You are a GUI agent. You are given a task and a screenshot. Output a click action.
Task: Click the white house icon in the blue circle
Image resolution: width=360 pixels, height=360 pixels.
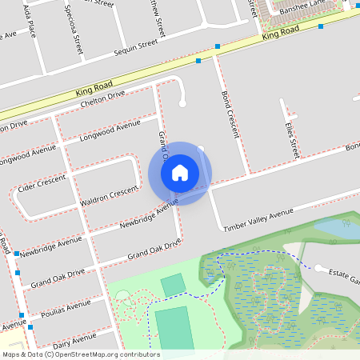click(180, 172)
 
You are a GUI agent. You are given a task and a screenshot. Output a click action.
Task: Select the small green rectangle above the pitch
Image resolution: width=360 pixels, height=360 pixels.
click(172, 285)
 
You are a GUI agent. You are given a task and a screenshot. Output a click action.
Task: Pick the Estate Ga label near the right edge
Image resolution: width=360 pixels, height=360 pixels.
click(345, 277)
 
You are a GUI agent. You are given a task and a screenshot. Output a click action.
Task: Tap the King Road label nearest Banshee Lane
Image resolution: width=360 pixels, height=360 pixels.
click(279, 33)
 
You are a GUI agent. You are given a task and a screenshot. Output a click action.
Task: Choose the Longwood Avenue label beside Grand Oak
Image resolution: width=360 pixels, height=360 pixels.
click(110, 131)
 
